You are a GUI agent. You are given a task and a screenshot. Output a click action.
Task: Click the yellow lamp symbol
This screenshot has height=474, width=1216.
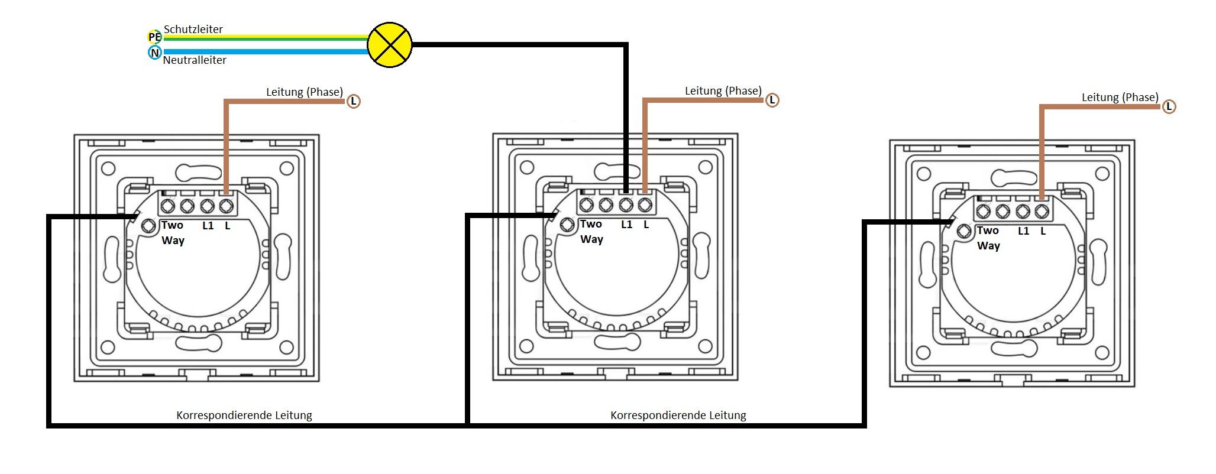390,45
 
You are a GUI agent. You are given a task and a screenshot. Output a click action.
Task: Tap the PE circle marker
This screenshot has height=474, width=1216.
154,37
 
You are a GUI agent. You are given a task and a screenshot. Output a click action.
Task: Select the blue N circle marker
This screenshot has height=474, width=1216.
154,53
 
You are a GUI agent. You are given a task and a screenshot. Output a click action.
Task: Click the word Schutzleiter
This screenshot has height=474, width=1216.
193,29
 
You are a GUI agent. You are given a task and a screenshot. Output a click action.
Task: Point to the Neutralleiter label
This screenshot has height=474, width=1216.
195,60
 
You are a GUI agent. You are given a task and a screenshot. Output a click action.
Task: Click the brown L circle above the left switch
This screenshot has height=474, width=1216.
353,101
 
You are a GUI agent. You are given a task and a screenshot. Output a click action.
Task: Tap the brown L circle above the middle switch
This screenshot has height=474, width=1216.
772,100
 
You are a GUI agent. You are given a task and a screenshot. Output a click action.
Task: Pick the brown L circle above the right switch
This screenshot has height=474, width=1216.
1169,106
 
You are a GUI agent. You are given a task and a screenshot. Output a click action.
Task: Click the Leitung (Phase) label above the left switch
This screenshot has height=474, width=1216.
304,92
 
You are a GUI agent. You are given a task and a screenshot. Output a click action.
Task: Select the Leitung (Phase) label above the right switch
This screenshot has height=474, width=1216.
1120,97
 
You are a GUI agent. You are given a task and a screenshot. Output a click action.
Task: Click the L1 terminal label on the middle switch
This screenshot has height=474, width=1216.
626,225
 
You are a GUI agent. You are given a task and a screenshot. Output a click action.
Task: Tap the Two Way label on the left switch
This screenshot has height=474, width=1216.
173,233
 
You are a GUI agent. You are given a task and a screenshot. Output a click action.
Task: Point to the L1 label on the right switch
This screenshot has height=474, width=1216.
1023,231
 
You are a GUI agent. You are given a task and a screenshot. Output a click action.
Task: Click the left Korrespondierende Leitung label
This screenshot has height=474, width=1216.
244,415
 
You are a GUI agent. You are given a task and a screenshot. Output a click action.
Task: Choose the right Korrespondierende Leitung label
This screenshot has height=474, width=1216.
678,415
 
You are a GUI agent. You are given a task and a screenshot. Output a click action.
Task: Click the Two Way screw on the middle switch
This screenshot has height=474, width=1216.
567,225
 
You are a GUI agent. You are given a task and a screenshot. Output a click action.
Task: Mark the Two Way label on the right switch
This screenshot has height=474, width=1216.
988,238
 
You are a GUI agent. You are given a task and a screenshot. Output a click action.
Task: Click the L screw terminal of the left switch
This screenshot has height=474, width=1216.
226,206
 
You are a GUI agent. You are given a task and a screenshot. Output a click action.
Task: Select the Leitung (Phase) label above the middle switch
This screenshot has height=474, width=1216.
723,90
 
